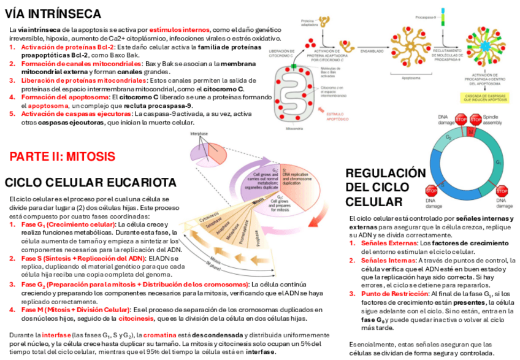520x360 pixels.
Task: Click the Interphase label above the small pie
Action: click(x=200, y=133)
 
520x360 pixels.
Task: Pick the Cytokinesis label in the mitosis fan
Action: click(x=210, y=216)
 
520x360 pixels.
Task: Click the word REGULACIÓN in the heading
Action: click(x=385, y=173)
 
